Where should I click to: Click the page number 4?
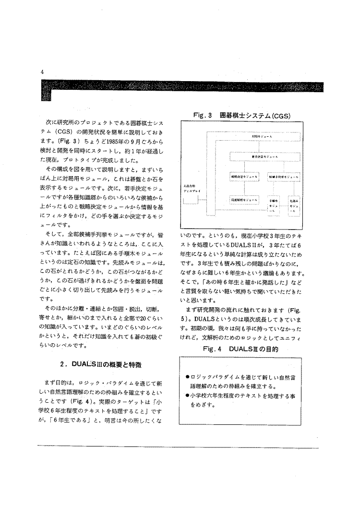coord(43,72)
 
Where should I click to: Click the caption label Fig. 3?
coord(203,116)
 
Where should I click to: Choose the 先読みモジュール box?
coord(294,205)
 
